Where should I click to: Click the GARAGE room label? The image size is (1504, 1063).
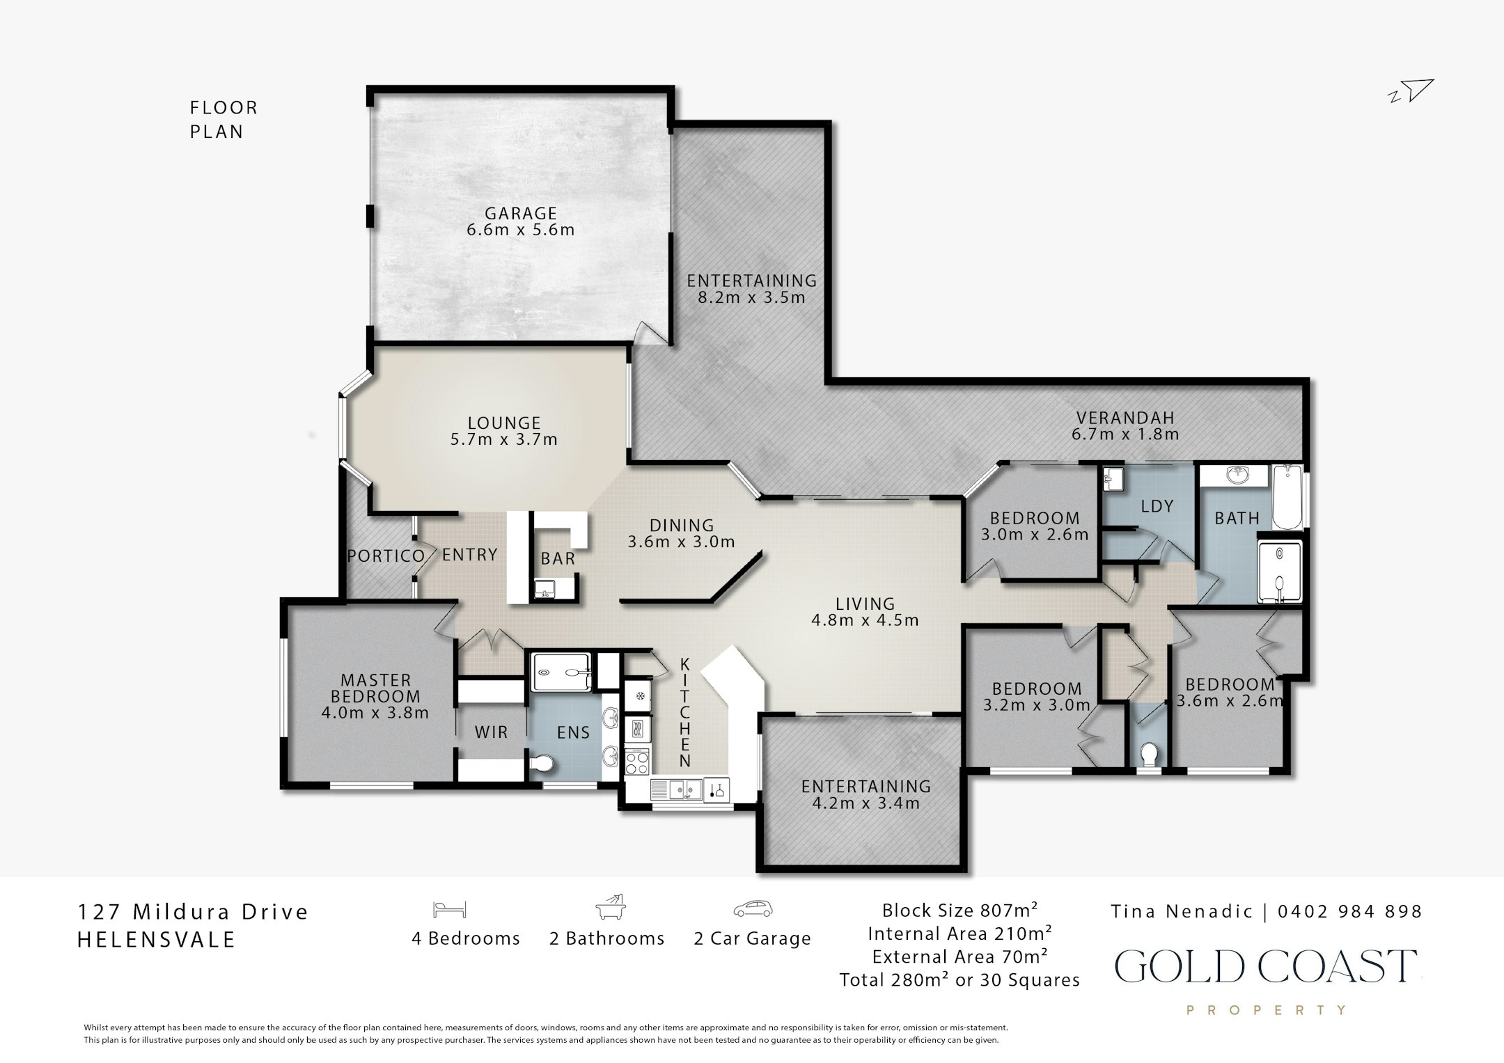click(521, 213)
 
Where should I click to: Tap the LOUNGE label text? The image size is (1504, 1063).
click(504, 423)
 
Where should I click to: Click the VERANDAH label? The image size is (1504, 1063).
click(1125, 418)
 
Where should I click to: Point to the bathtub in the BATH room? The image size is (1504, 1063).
click(1287, 498)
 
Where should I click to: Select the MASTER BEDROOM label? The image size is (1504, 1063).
click(375, 688)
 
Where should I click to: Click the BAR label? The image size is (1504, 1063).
click(558, 558)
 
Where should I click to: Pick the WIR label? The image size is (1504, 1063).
click(491, 732)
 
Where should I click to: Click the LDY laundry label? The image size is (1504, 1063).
click(1157, 506)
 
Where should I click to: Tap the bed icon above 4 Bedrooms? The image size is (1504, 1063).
click(449, 909)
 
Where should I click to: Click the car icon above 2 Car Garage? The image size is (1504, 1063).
click(753, 909)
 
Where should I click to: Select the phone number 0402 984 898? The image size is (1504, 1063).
click(1349, 911)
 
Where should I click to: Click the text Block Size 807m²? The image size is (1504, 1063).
click(960, 910)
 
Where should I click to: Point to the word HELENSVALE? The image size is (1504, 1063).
click(156, 940)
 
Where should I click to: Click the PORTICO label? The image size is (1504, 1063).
click(386, 556)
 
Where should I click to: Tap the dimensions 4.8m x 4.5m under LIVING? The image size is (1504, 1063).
click(865, 620)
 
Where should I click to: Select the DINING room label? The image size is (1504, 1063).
click(682, 526)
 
